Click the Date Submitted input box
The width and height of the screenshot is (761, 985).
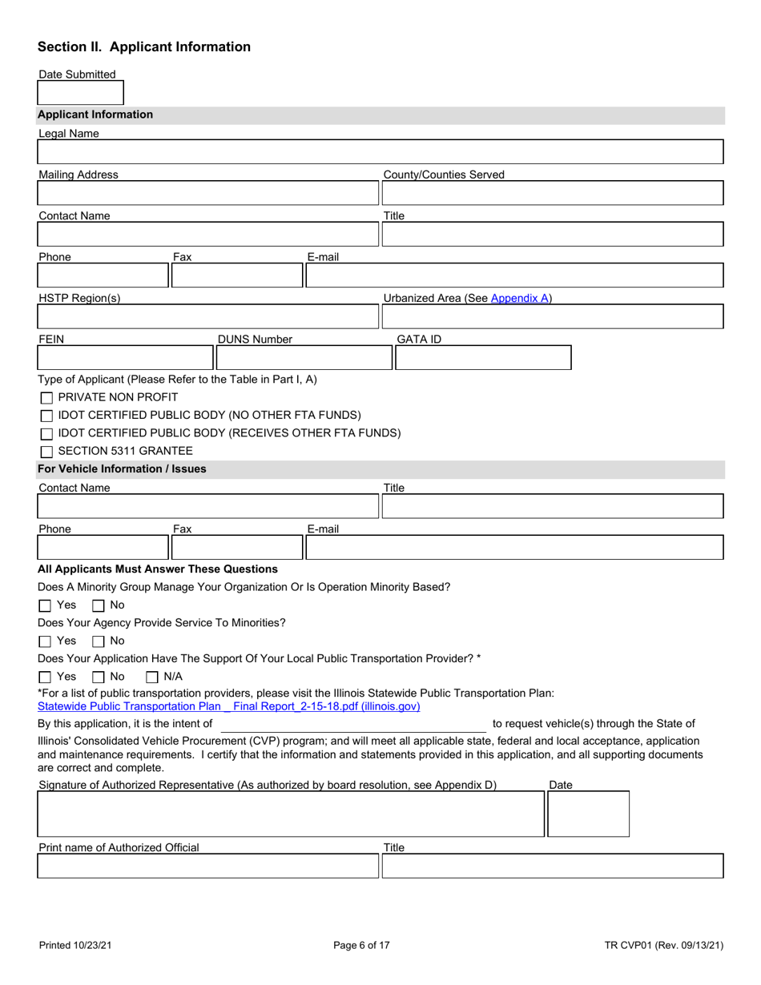81,93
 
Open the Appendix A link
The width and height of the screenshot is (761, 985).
521,299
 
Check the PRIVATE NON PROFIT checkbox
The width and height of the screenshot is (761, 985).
47,397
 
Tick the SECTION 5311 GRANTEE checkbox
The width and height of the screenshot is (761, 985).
47,452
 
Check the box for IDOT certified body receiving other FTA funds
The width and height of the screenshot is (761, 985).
47,433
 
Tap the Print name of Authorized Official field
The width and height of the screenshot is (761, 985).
207,866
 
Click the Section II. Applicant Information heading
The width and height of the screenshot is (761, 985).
144,46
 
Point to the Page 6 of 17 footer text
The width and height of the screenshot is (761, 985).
361,946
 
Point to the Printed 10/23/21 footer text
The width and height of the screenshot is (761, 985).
76,946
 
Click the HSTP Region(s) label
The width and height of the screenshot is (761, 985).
79,299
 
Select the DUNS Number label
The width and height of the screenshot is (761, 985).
256,340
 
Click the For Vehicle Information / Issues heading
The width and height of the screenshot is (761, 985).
122,468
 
